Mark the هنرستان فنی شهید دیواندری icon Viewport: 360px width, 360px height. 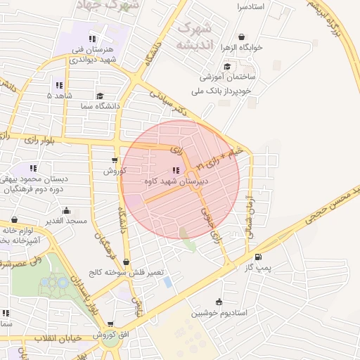point(92,39)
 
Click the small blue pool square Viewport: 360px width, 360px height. point(167,281)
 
